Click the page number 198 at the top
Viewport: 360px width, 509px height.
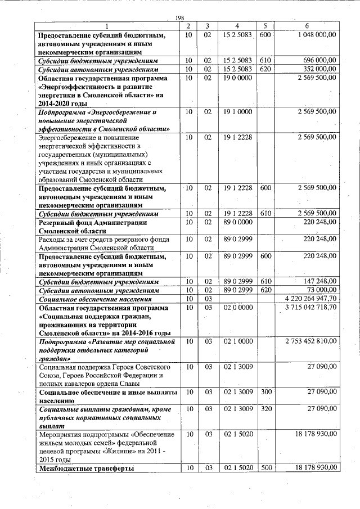(180, 18)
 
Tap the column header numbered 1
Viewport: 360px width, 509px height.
(107, 26)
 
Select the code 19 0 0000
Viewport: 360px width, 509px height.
(237, 78)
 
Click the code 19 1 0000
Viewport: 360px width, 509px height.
(237, 112)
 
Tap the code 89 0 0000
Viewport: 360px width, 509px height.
(237, 223)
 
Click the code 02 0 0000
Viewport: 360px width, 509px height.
(237, 308)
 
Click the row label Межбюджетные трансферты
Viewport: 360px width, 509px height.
(86, 469)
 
